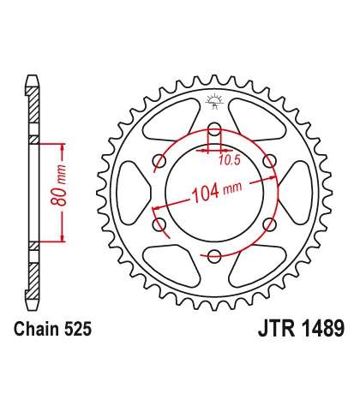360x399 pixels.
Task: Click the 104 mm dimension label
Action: click(x=217, y=190)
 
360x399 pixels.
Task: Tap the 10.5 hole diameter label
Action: click(x=230, y=161)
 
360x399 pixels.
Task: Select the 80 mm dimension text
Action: click(x=59, y=185)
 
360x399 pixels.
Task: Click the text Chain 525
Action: click(x=53, y=329)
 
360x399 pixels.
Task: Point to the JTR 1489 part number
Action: click(x=302, y=329)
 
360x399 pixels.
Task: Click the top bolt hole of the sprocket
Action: click(x=214, y=128)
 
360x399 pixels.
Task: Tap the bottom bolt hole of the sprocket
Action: click(x=214, y=256)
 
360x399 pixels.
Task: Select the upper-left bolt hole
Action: click(x=159, y=162)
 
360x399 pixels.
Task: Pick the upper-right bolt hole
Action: click(x=269, y=162)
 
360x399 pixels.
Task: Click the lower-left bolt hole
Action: click(x=159, y=224)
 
